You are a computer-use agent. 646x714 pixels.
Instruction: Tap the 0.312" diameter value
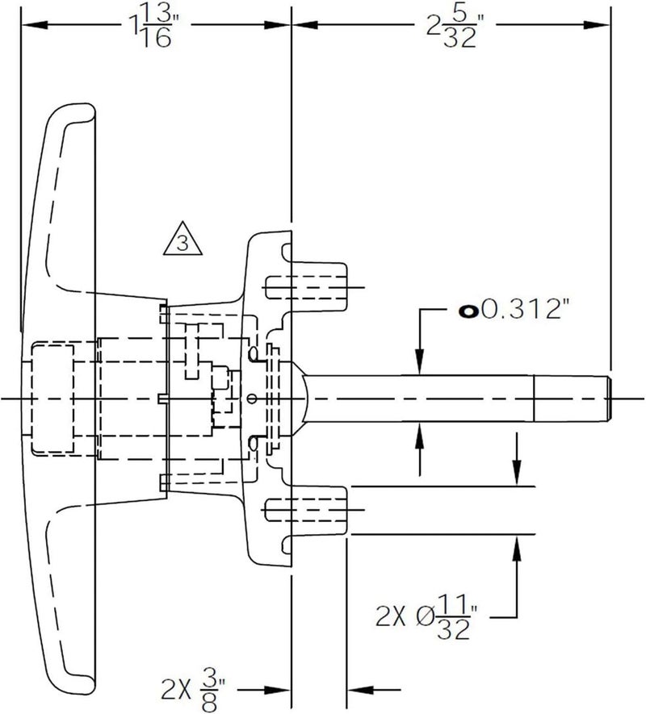click(x=526, y=311)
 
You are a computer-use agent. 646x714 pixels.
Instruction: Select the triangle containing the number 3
click(x=182, y=239)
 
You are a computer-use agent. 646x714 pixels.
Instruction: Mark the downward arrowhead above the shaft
click(x=420, y=362)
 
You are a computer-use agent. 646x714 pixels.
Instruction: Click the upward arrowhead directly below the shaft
click(x=420, y=436)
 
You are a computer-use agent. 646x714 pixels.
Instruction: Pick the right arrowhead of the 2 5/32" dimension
click(x=597, y=24)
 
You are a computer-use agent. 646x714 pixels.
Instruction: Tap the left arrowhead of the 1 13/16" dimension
click(x=35, y=24)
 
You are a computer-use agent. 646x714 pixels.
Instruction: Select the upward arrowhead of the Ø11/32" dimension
click(x=517, y=549)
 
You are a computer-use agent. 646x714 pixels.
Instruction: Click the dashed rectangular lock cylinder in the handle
click(x=52, y=399)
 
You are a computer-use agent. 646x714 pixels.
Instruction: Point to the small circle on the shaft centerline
click(x=251, y=399)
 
